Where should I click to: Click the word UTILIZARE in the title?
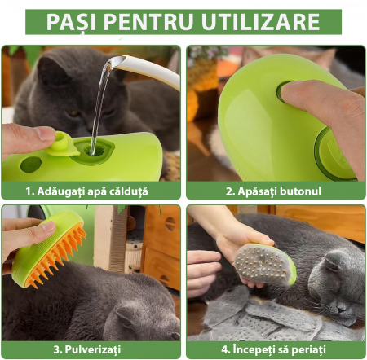click(261, 21)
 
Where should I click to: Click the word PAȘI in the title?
click(71, 22)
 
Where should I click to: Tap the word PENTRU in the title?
click(148, 21)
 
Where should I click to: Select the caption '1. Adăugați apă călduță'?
click(87, 191)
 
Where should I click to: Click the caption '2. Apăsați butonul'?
click(273, 191)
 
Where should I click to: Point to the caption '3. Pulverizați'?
click(87, 349)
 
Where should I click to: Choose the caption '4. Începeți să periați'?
click(273, 349)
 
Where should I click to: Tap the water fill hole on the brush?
click(95, 150)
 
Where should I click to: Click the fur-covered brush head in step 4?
click(263, 264)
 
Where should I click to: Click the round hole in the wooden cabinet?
click(170, 224)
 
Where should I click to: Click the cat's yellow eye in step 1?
click(74, 113)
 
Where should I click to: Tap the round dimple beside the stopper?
click(31, 165)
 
